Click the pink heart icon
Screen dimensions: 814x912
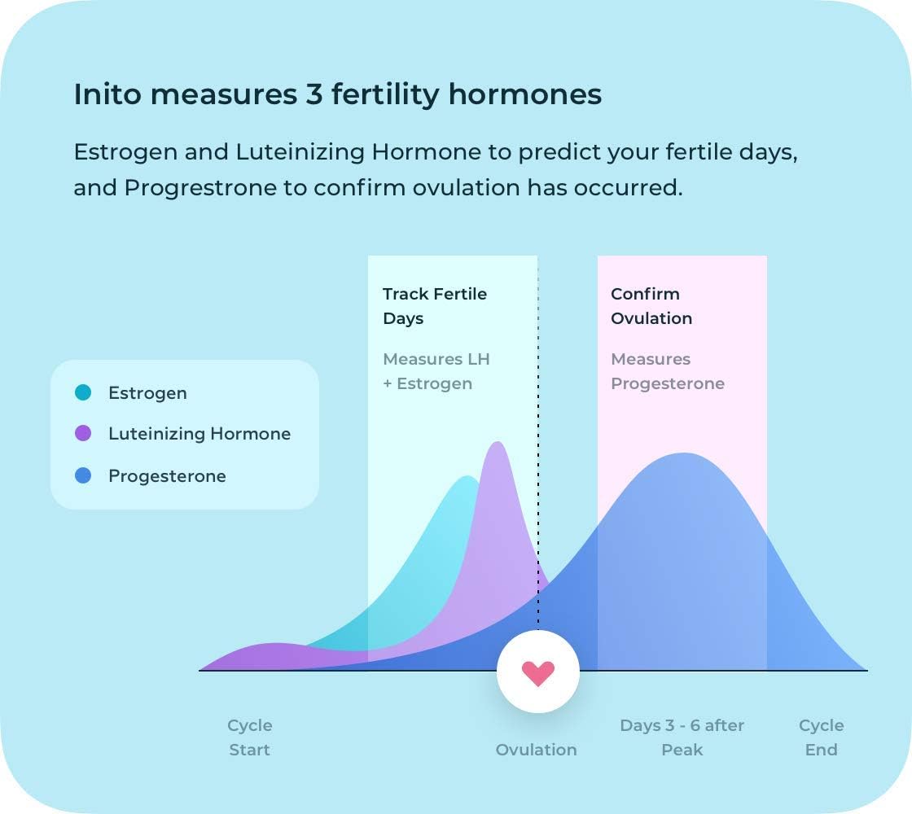(x=538, y=672)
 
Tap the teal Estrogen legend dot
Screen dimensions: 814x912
(x=83, y=393)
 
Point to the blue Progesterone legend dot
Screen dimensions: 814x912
(x=83, y=476)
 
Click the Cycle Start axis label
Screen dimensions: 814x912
(x=249, y=737)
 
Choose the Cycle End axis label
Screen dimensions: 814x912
(x=821, y=737)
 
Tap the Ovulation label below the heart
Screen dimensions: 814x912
(x=536, y=750)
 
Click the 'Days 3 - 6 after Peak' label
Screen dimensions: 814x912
(x=682, y=737)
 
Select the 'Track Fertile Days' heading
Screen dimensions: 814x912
(x=434, y=306)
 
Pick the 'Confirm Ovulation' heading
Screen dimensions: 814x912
(x=651, y=306)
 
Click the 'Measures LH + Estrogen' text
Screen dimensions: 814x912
(x=436, y=371)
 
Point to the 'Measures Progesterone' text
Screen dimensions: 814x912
(x=667, y=371)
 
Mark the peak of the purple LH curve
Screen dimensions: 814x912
(x=498, y=443)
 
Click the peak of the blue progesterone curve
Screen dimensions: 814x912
(x=684, y=454)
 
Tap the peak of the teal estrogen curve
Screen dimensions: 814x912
(x=467, y=477)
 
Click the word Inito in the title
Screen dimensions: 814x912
(x=104, y=94)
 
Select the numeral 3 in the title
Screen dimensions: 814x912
(x=314, y=94)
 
